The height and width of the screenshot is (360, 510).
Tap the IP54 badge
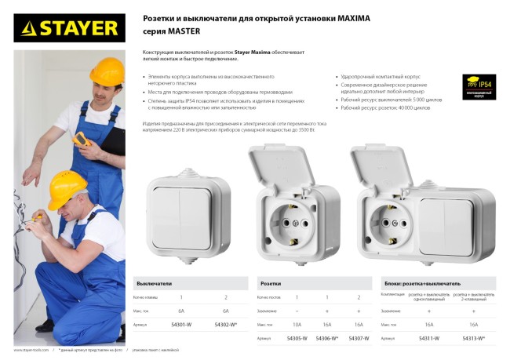(x=479, y=85)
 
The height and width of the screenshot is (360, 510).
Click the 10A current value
(x=296, y=323)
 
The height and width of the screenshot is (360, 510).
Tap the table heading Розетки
(x=271, y=282)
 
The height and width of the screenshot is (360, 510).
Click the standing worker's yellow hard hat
(x=106, y=70)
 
